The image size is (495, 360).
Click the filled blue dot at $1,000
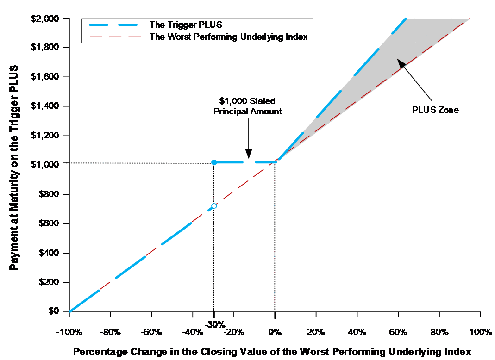tap(214, 162)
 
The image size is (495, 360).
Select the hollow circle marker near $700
tap(214, 205)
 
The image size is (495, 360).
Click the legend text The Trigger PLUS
tap(186, 25)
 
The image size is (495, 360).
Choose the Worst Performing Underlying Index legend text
tap(228, 37)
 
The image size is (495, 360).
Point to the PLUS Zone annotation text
tap(435, 110)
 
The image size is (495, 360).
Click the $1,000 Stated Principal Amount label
tap(248, 106)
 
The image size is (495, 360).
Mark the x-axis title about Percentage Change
tap(272, 351)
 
